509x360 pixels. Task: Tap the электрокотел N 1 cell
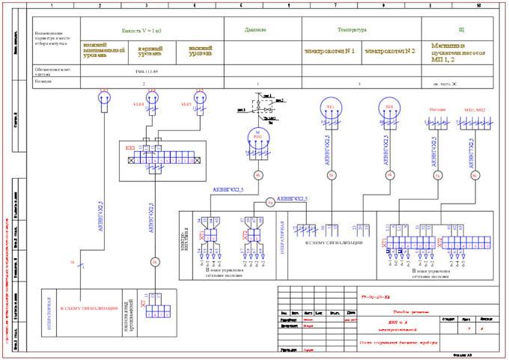click(329, 52)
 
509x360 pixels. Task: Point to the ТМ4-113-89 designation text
click(146, 72)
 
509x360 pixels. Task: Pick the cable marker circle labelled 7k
click(437, 176)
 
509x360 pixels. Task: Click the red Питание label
click(437, 109)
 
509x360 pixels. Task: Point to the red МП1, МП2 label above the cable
click(474, 109)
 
